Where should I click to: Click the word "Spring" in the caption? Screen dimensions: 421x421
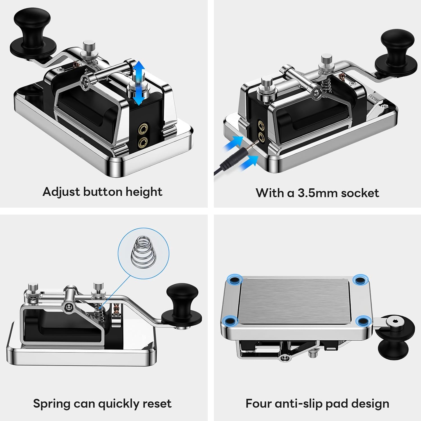click(51, 404)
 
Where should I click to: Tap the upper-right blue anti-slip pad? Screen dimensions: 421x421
click(359, 280)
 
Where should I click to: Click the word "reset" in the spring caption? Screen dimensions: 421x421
click(157, 404)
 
